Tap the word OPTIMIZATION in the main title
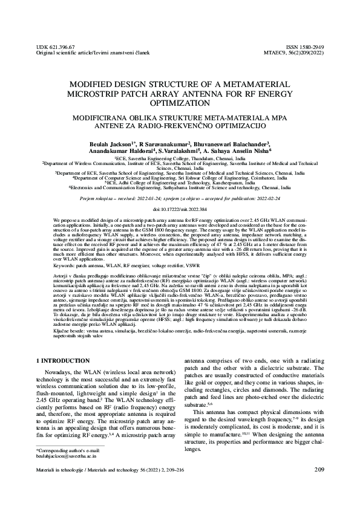point(179,104)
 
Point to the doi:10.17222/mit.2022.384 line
point(180,209)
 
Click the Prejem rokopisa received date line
point(180,197)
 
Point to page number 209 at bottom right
point(319,487)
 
